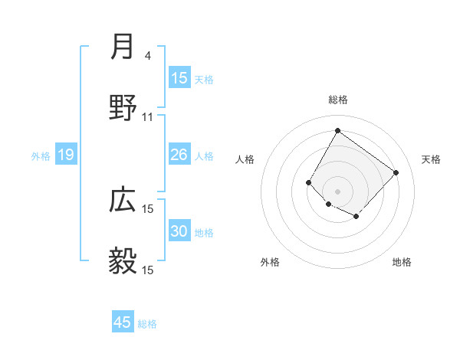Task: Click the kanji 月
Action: pyautogui.click(x=123, y=48)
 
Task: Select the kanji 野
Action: pyautogui.click(x=123, y=109)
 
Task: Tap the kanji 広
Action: pyautogui.click(x=123, y=201)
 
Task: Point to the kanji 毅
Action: pyautogui.click(x=123, y=261)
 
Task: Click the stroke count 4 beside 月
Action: pyautogui.click(x=147, y=56)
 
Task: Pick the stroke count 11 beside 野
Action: pyautogui.click(x=148, y=117)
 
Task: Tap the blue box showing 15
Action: pyautogui.click(x=179, y=78)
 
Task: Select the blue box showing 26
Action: pyautogui.click(x=179, y=155)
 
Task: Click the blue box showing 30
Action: pyautogui.click(x=179, y=231)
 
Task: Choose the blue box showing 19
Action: pyautogui.click(x=65, y=155)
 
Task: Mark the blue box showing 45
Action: pyautogui.click(x=122, y=322)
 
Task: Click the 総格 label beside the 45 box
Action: pyautogui.click(x=147, y=324)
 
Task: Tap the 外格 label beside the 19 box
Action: pyautogui.click(x=41, y=156)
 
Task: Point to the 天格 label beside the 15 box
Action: pyautogui.click(x=203, y=80)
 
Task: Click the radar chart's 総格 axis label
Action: pyautogui.click(x=337, y=100)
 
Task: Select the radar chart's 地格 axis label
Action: pyautogui.click(x=402, y=262)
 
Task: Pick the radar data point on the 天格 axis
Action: pyautogui.click(x=396, y=172)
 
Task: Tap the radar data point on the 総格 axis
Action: pyautogui.click(x=337, y=130)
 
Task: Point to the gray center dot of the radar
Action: pyautogui.click(x=337, y=191)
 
